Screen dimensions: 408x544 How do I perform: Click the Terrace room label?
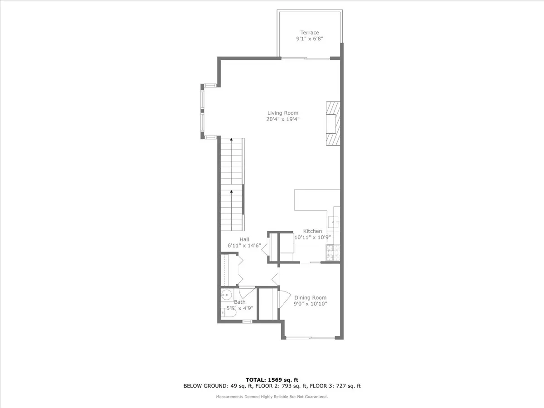310,33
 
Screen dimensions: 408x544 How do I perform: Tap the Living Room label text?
283,113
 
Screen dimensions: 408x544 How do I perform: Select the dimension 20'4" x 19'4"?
283,120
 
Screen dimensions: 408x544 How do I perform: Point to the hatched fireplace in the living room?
332,123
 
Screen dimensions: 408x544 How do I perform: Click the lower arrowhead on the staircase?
232,192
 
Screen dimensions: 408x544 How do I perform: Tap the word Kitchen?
312,231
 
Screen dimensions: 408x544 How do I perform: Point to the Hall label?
244,240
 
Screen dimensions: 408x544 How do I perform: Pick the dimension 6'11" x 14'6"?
244,246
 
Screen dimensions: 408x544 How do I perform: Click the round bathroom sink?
226,295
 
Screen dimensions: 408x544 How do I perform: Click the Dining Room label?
310,298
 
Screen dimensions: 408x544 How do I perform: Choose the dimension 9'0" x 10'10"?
310,304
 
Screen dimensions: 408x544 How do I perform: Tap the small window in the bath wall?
247,321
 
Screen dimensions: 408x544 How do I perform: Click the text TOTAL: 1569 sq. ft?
272,380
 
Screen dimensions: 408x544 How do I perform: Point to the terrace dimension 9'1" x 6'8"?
310,39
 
